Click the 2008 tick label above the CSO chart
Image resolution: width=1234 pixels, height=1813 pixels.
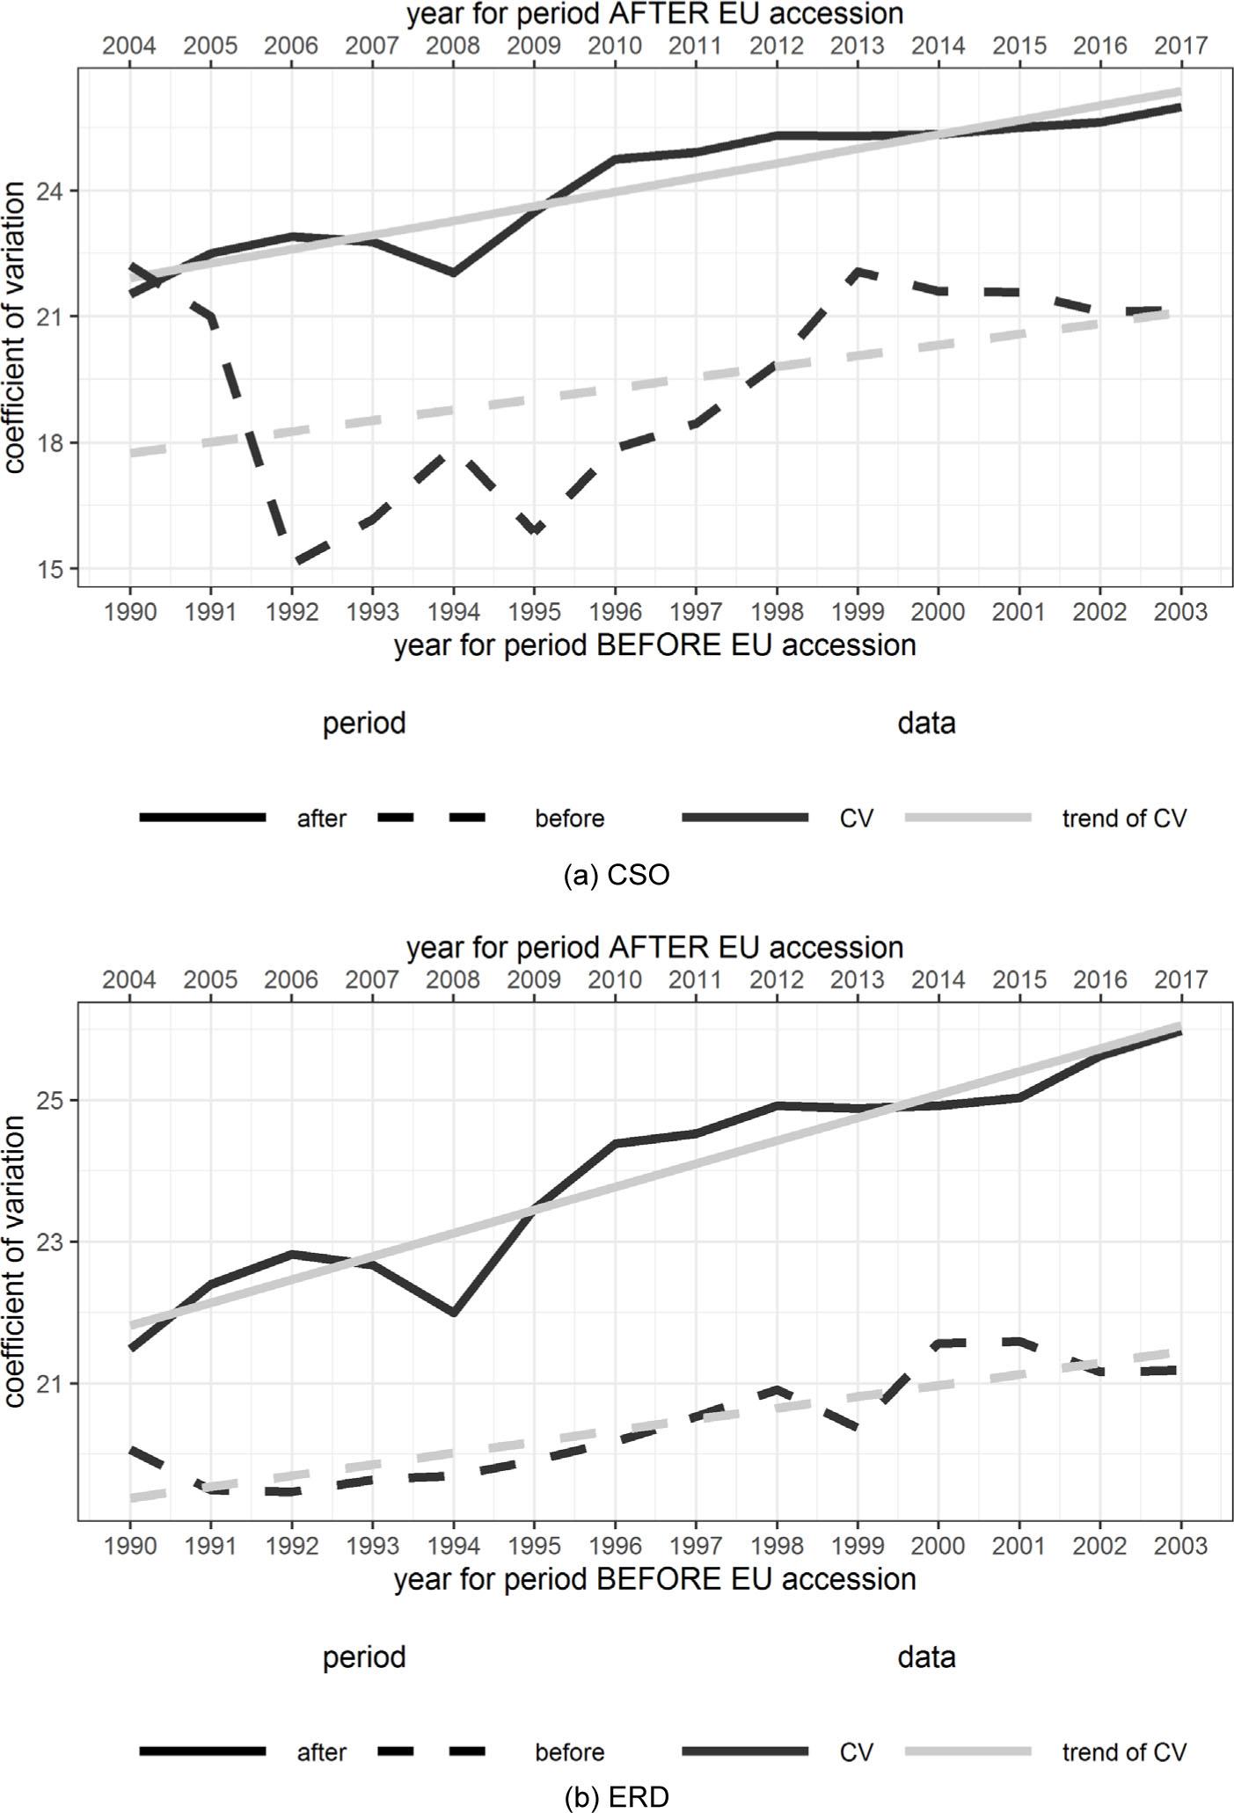click(453, 46)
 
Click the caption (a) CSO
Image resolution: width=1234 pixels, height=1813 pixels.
click(617, 875)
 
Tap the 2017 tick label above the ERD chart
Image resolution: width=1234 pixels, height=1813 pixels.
click(1180, 979)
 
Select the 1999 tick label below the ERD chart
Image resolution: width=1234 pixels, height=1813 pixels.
click(858, 1545)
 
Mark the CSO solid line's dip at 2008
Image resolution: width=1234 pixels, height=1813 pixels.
click(453, 273)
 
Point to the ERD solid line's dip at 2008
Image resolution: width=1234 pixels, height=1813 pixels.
click(454, 1314)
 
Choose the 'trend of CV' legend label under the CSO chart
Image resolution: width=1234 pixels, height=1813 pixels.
click(1123, 819)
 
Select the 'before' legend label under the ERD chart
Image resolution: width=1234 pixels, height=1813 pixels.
click(569, 1752)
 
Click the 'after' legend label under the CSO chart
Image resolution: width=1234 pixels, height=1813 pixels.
click(321, 819)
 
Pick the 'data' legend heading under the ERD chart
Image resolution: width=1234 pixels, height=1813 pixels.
click(926, 1657)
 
